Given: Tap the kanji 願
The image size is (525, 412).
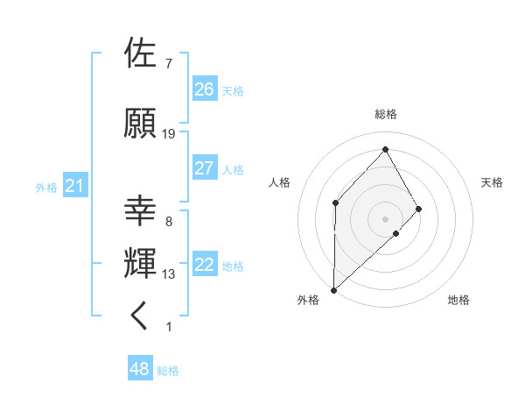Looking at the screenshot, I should [x=141, y=124].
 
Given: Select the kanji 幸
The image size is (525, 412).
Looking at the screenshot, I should [x=141, y=211].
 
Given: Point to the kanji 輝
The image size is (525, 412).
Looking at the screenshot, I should [x=141, y=264].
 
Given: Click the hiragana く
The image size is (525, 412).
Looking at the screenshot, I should [x=141, y=316].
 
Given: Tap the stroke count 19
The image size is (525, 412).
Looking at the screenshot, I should [x=169, y=134].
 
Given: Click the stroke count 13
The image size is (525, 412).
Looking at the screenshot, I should [x=169, y=274].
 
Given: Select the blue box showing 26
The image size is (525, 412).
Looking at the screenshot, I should [x=205, y=89].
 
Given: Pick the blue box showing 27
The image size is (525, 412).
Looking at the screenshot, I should [x=205, y=168].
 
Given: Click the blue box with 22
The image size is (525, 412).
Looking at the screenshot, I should [x=205, y=265].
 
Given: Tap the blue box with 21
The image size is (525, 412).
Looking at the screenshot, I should [x=74, y=186].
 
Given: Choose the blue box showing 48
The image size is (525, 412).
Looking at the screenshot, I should [x=139, y=370].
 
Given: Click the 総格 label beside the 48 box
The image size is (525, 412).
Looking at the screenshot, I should [x=168, y=371].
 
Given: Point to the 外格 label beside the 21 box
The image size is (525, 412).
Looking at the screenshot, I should [x=46, y=187].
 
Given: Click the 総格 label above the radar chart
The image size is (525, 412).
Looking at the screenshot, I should [x=385, y=114].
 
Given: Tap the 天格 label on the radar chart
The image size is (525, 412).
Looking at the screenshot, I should [x=493, y=182].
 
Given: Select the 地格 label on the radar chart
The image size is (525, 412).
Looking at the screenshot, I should [x=458, y=300].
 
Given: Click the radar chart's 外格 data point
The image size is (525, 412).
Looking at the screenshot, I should [x=333, y=289].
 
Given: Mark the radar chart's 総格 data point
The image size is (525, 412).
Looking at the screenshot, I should [x=385, y=148].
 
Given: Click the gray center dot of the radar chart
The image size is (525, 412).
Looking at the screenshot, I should [x=385, y=218].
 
